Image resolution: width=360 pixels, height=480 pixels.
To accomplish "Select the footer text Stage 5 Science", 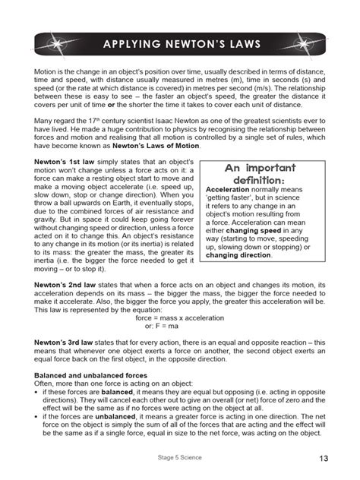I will click(x=180, y=458).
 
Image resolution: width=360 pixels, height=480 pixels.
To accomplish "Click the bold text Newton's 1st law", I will click(x=67, y=164).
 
